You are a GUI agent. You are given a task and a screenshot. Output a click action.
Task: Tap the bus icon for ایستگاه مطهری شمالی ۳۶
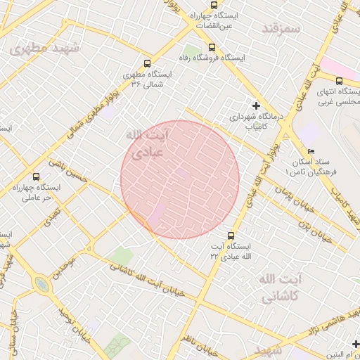146,63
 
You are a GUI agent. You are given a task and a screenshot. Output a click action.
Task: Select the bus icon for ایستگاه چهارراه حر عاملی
37,176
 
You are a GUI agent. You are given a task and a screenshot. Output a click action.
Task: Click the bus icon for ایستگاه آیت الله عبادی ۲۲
231,235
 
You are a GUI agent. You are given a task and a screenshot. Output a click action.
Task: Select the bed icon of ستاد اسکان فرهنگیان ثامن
311,152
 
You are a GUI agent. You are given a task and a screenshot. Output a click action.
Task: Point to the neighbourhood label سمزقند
281,29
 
